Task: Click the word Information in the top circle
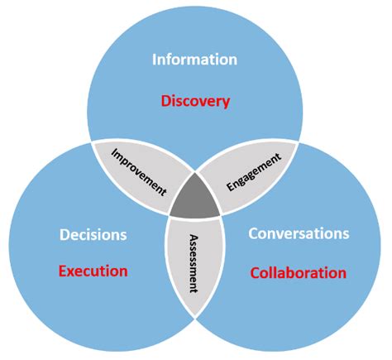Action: [195, 60]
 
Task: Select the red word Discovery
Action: [195, 102]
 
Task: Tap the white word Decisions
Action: [93, 235]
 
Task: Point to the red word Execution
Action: [93, 270]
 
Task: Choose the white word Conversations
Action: [298, 235]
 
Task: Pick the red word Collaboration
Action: [298, 271]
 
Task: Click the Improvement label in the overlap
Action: [139, 171]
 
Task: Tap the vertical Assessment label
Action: [196, 263]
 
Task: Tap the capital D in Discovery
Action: [165, 102]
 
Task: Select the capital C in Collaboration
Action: [254, 271]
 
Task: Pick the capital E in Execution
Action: [63, 270]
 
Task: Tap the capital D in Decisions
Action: [64, 235]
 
